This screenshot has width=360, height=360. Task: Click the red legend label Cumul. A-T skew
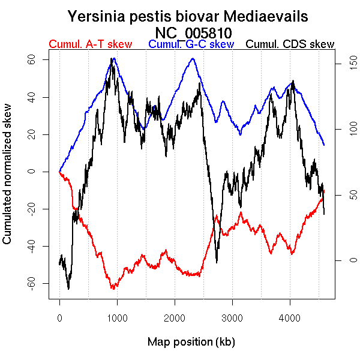[90, 44]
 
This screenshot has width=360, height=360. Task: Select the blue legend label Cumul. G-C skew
[191, 44]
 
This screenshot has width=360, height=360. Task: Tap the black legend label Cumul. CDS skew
[290, 44]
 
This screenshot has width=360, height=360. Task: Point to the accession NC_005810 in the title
[193, 32]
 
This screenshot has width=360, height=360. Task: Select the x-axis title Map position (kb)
[191, 342]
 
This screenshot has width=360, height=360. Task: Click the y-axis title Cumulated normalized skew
[8, 181]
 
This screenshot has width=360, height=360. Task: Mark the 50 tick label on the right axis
[337, 195]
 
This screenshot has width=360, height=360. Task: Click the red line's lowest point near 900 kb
[112, 289]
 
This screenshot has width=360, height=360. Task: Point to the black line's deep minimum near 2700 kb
[217, 262]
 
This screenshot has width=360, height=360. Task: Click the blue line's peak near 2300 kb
[192, 58]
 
